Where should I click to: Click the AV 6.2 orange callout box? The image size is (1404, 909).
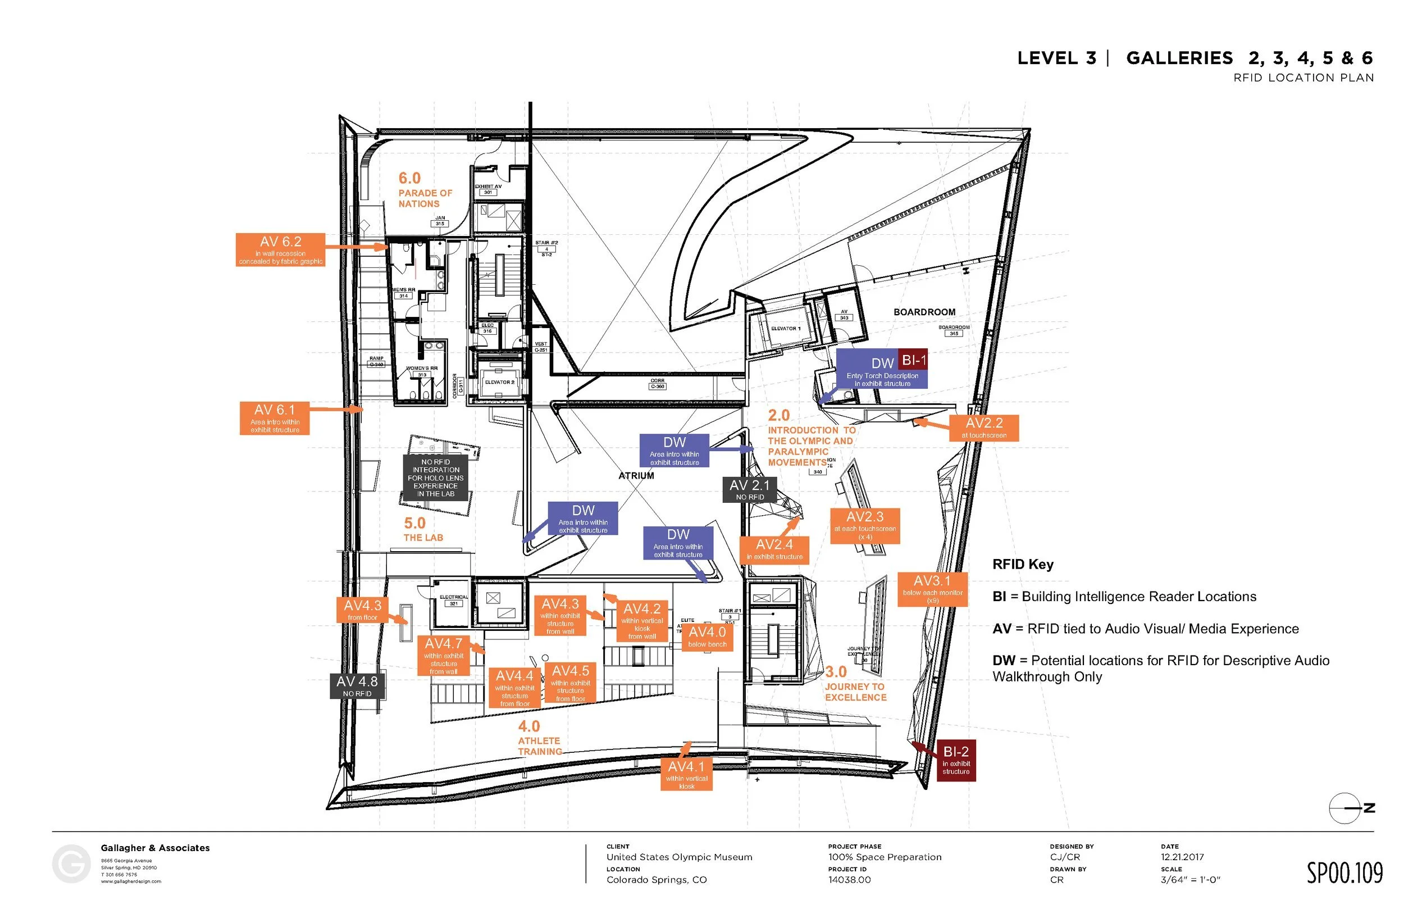(x=280, y=249)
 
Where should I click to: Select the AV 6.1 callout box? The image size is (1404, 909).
(x=274, y=418)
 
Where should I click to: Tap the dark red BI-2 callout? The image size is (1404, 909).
(x=956, y=760)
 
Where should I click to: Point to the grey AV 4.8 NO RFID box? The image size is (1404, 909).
(x=357, y=686)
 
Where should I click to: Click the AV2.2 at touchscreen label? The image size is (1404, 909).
(x=983, y=428)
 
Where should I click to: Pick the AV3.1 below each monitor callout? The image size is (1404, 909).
(x=932, y=588)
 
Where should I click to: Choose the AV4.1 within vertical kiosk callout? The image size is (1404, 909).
(x=686, y=774)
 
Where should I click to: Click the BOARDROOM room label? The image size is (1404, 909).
(x=924, y=312)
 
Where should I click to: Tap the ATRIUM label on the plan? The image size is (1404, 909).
(x=636, y=476)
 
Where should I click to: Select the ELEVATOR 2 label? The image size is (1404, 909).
(x=499, y=383)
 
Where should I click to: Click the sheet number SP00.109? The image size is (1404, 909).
(x=1344, y=873)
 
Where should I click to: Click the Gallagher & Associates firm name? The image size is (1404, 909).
(x=155, y=848)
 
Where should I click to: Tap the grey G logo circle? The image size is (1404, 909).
(x=71, y=864)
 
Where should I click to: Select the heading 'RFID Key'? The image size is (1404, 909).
(x=1022, y=564)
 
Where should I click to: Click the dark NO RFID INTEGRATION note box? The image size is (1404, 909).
(x=435, y=478)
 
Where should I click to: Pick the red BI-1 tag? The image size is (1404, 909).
(x=913, y=360)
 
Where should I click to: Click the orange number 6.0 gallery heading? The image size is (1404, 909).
(x=409, y=178)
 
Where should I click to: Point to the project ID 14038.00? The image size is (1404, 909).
(x=849, y=879)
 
